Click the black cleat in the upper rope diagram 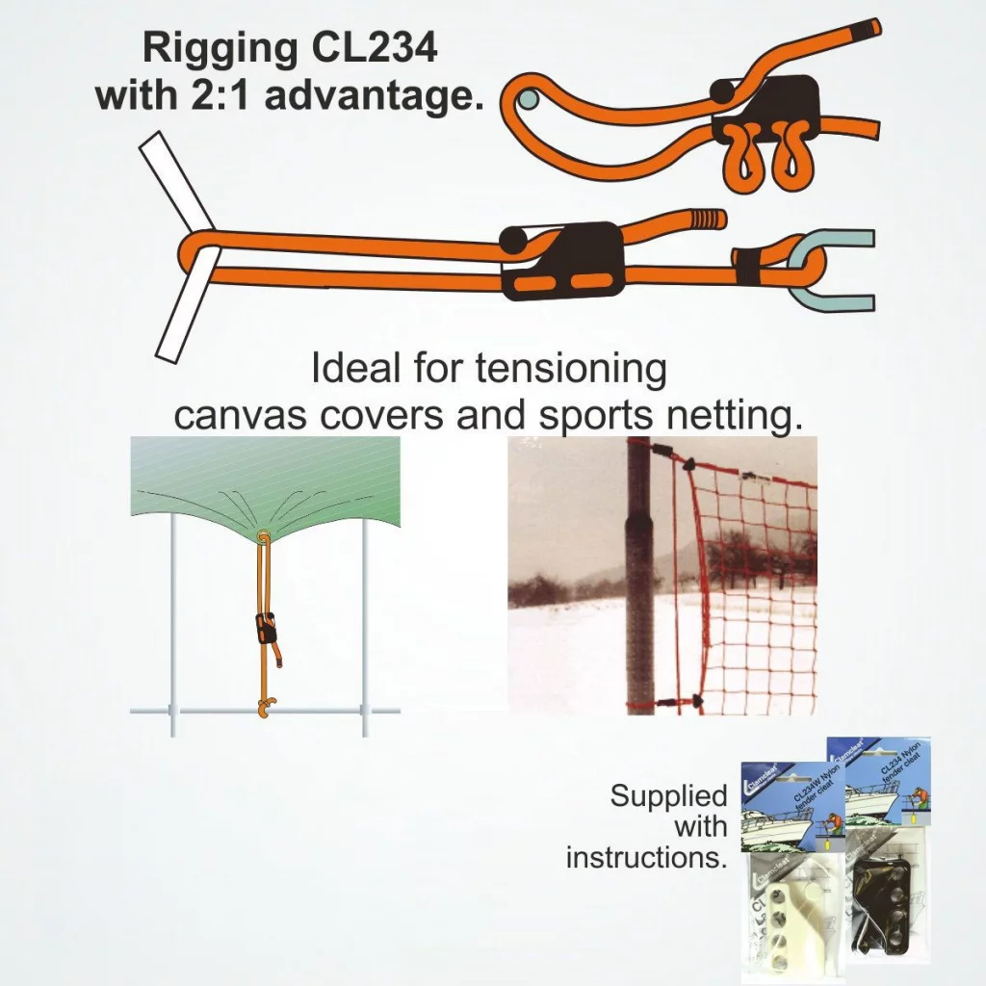point(765,107)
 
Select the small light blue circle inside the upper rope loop point(527,98)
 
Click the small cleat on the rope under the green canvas point(266,628)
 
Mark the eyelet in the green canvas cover point(263,537)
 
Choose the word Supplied point(668,796)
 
